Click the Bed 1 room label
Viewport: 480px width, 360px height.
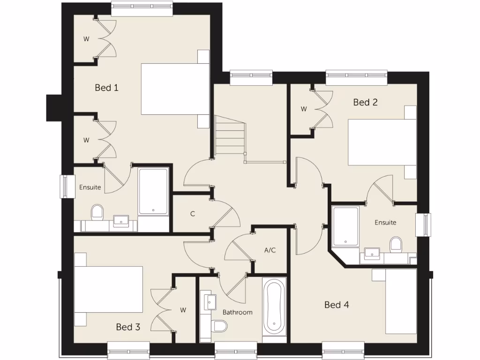click(106, 88)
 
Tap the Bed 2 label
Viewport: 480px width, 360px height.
click(365, 102)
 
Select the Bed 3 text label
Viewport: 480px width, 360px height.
click(128, 327)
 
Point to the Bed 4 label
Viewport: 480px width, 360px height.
click(337, 305)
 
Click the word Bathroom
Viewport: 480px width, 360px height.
click(237, 312)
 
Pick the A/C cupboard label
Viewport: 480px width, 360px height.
click(270, 250)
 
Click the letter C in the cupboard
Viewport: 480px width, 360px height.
click(192, 214)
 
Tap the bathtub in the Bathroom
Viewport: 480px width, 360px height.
click(274, 306)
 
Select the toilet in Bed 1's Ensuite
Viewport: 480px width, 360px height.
click(97, 212)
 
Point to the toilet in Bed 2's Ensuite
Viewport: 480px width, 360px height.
click(396, 243)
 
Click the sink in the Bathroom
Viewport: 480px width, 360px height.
click(209, 300)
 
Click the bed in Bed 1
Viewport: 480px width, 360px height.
click(175, 89)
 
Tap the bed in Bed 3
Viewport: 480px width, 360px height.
click(108, 289)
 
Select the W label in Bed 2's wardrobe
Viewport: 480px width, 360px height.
click(304, 109)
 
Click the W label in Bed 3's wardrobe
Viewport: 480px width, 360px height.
click(183, 310)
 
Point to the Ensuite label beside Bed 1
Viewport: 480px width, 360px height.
click(90, 187)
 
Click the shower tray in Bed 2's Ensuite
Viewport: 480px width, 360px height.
click(346, 226)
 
